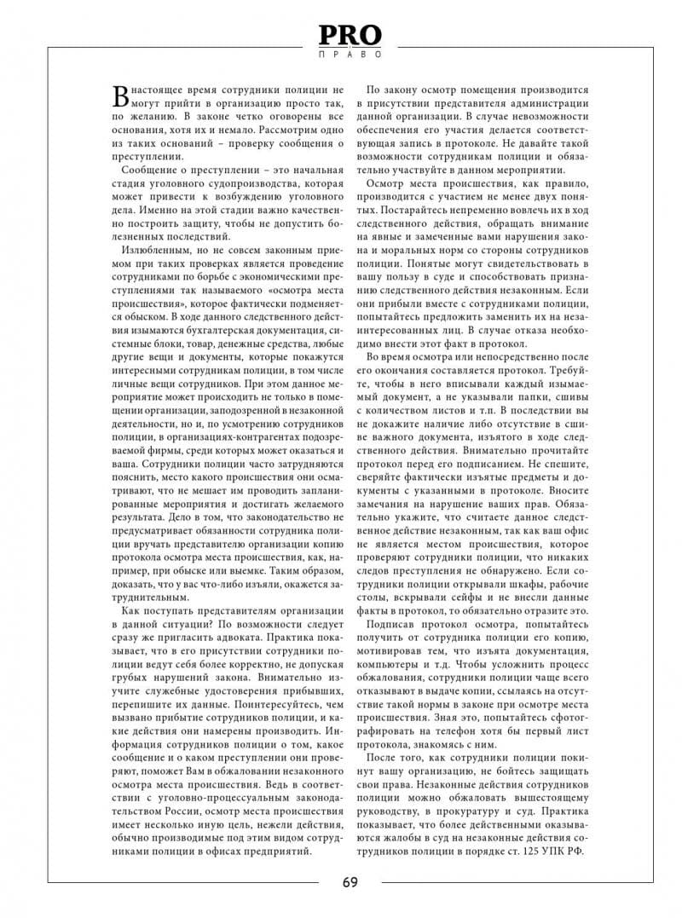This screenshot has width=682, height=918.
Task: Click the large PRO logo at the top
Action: [x=350, y=35]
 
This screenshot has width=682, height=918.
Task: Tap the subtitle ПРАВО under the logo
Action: [x=350, y=54]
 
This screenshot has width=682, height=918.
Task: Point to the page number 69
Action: [x=350, y=881]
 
